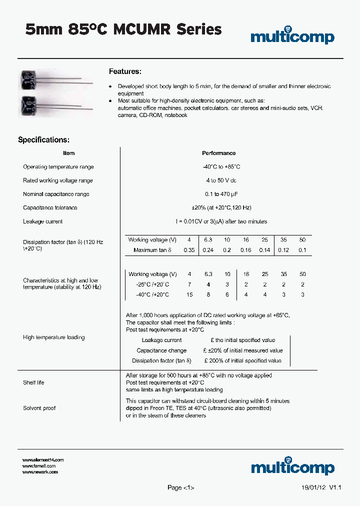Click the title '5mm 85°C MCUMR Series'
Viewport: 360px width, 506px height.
click(x=123, y=29)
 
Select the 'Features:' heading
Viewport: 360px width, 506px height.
click(x=125, y=71)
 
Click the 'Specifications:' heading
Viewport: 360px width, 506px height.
click(x=43, y=140)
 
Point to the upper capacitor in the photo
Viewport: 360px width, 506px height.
click(x=27, y=78)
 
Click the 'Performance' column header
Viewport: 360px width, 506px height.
click(x=218, y=153)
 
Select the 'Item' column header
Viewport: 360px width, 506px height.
click(x=69, y=153)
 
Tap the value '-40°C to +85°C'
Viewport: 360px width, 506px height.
click(x=218, y=167)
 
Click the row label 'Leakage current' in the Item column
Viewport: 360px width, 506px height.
click(x=43, y=221)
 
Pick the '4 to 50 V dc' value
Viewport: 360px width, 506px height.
click(x=218, y=180)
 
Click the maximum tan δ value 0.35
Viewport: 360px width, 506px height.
click(x=189, y=250)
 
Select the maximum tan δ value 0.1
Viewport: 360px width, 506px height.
click(x=302, y=250)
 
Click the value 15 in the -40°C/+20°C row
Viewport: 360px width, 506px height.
click(x=189, y=295)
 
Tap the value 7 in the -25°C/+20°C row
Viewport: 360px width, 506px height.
click(x=189, y=284)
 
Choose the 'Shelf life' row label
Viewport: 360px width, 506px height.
click(x=33, y=382)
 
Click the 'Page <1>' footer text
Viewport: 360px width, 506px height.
click(x=180, y=487)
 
